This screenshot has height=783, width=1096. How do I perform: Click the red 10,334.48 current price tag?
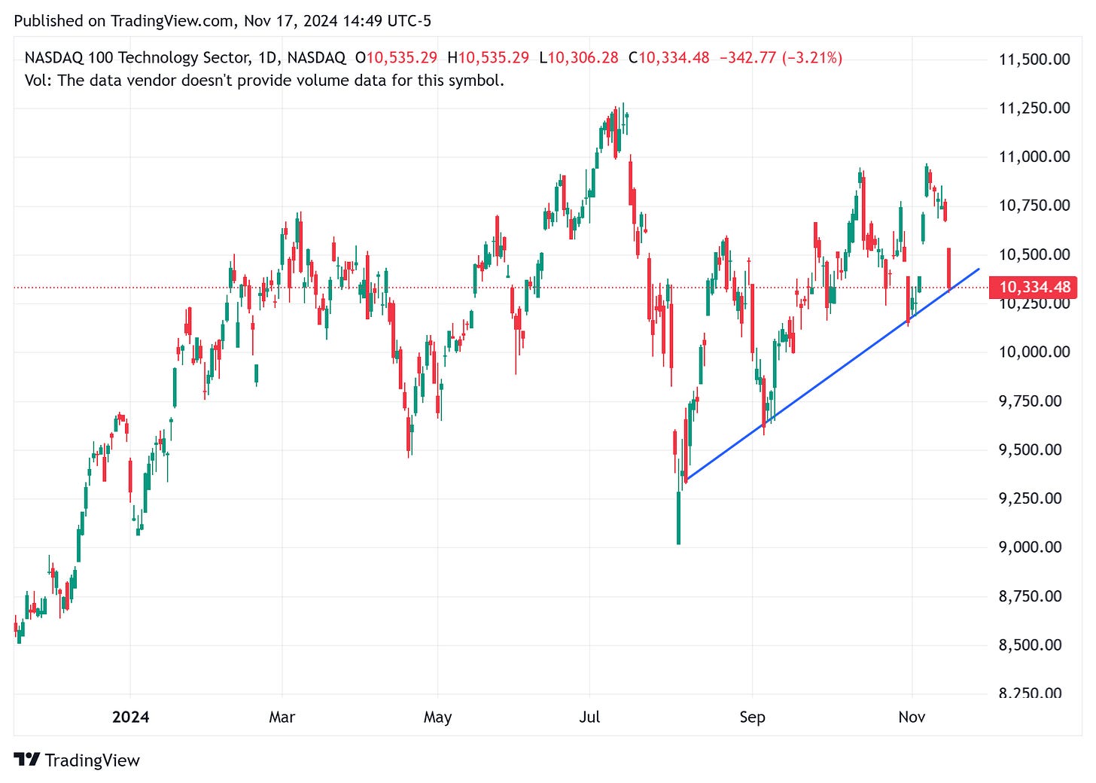(1034, 287)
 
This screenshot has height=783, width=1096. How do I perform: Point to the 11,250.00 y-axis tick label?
(1034, 108)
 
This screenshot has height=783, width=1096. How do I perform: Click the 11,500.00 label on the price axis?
(1034, 59)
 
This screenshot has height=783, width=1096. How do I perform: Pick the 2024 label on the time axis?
(130, 717)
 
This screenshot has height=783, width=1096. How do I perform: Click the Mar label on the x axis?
(282, 717)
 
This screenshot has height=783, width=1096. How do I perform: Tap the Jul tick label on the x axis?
(589, 717)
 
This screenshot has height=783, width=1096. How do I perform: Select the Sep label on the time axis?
(752, 717)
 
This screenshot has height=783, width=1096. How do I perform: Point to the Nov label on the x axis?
(912, 717)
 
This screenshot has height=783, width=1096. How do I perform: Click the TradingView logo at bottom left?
(77, 760)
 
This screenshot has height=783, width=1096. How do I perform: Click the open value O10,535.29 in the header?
(396, 58)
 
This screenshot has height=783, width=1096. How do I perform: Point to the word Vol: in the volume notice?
(38, 81)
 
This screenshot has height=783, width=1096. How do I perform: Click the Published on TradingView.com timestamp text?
(223, 21)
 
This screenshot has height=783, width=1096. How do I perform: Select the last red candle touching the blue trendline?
(948, 269)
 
